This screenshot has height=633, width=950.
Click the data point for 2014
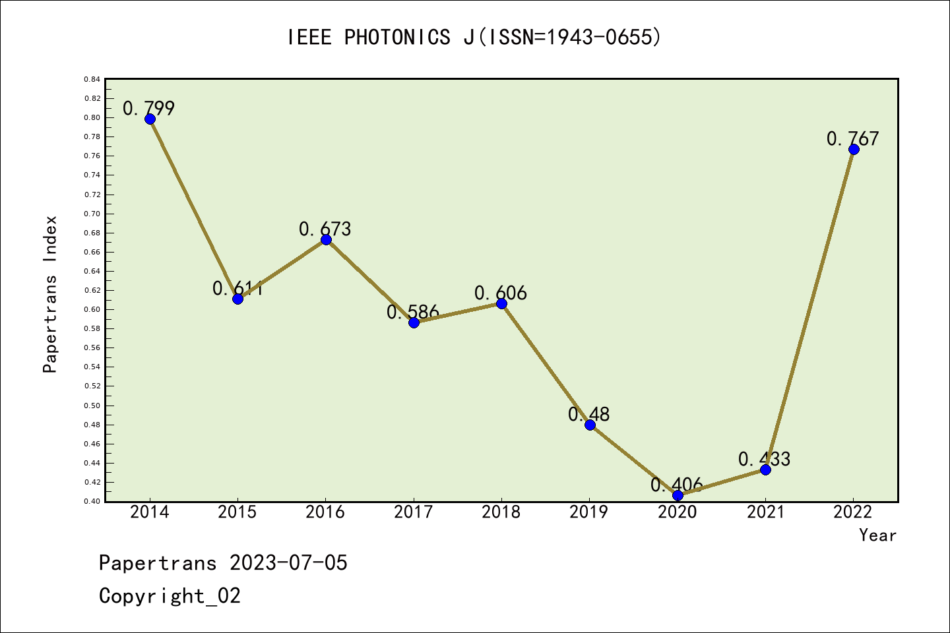pos(150,119)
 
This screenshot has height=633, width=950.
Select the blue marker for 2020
pos(678,495)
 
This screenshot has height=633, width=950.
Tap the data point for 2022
pos(854,149)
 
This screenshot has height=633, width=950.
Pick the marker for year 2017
pos(414,322)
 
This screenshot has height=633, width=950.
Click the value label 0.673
pos(325,229)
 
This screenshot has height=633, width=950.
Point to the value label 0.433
pos(764,459)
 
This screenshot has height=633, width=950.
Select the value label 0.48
pos(589,414)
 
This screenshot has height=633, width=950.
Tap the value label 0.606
pos(501,293)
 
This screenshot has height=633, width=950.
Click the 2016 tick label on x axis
pos(325,512)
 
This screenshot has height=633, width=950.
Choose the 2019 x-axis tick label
pos(589,512)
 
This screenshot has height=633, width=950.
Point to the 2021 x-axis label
pos(765,512)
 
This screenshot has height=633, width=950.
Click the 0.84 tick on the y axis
pos(92,79)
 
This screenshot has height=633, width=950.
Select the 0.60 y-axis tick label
pos(92,309)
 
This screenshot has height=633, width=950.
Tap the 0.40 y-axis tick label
pos(92,501)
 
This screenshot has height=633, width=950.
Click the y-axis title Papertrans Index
pos(50,294)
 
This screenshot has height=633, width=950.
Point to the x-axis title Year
pos(877,535)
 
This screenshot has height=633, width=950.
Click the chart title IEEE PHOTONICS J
pos(474,38)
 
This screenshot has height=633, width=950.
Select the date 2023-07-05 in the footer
pos(288,563)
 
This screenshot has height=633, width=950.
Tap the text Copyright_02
pos(170,596)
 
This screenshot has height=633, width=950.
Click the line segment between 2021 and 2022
pos(809,309)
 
